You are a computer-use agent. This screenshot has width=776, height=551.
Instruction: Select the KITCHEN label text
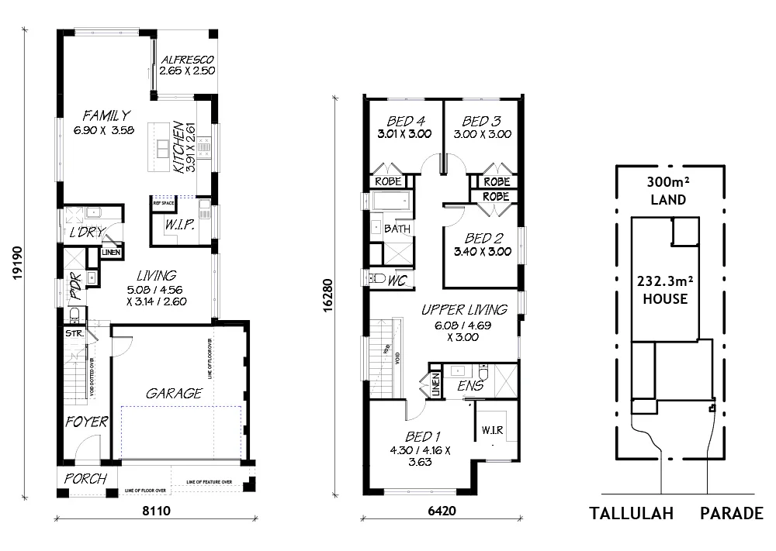tap(178, 146)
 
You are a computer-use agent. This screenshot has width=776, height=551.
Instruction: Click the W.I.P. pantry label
tap(180, 226)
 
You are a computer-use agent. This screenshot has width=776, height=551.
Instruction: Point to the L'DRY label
tap(87, 232)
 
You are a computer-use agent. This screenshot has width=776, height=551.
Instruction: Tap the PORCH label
tap(85, 479)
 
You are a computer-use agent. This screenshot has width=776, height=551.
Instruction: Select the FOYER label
tap(86, 422)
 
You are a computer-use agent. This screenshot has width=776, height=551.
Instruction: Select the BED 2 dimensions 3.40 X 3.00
tap(483, 252)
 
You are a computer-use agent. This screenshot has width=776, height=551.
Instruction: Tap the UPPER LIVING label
tap(464, 309)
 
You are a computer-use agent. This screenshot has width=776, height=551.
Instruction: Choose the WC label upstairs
tap(397, 279)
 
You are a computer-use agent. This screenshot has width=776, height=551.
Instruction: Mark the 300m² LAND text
tap(668, 191)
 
